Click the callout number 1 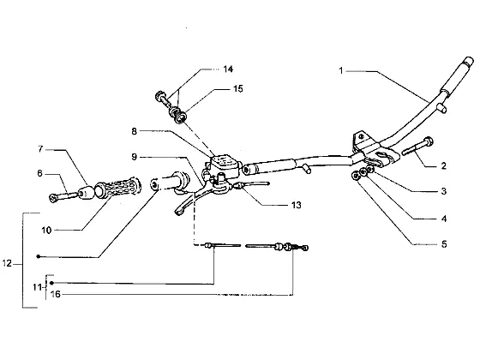coord(341,70)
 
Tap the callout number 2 coord(444,166)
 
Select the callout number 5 coord(444,244)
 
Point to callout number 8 coord(134,131)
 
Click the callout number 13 coord(296,205)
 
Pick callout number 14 coord(228,69)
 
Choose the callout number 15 coord(238,89)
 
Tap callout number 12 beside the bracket coord(7,263)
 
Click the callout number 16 coord(56,294)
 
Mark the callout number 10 coord(46,231)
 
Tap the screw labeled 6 coord(64,196)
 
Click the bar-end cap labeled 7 coord(86,192)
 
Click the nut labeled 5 coord(356,176)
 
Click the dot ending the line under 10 coord(38,256)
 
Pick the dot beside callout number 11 coord(51,283)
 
